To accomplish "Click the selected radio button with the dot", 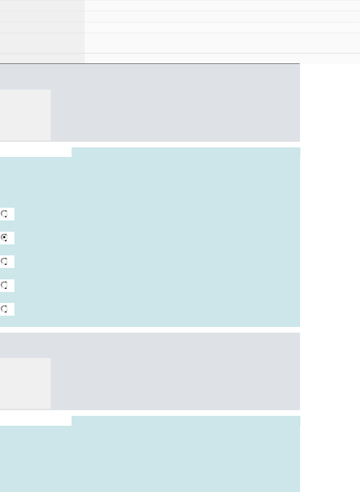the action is point(5,237).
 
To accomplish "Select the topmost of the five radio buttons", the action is point(5,214).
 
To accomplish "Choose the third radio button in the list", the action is point(5,261).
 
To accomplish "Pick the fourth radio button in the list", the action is point(5,285).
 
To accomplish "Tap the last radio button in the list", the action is point(5,309).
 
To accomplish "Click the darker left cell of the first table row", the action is point(42,5).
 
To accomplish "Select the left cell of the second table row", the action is point(42,17).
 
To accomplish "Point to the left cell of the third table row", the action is point(42,28).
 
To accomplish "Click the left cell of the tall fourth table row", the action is point(42,43).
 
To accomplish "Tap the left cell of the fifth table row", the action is point(42,59).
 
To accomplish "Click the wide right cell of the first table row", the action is point(222,5).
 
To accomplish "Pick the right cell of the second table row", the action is point(222,17).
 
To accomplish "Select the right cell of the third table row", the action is point(222,28).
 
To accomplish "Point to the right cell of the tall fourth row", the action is point(222,43).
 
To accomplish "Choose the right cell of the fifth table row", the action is point(222,59).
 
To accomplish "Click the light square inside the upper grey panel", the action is point(25,115).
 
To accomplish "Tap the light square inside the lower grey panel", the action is point(25,383).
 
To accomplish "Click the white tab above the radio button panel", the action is point(36,152).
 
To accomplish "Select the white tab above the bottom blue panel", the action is point(36,420).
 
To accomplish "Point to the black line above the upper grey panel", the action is point(150,64).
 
